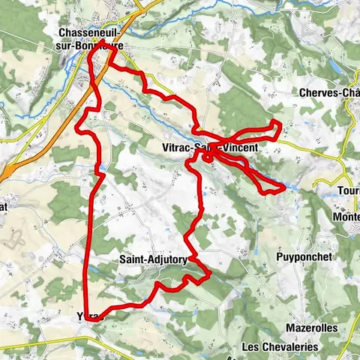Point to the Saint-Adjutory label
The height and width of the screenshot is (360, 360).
pyautogui.click(x=153, y=259)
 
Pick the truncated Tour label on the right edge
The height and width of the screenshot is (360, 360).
pyautogui.click(x=348, y=190)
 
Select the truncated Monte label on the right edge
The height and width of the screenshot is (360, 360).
pyautogui.click(x=346, y=216)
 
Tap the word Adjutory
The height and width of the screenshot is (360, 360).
pyautogui.click(x=166, y=259)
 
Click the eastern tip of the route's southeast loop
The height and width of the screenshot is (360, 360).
pyautogui.click(x=283, y=187)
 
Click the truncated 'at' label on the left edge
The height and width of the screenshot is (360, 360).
pyautogui.click(x=4, y=206)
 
